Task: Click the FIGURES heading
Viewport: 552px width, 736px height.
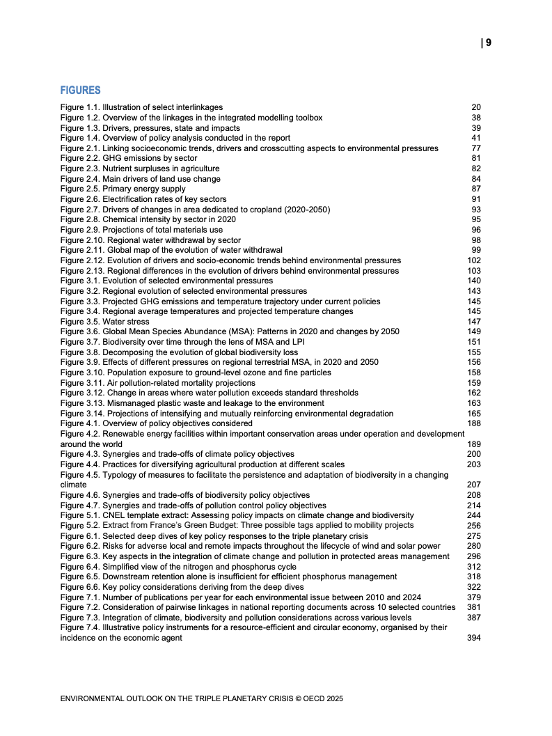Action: coord(80,91)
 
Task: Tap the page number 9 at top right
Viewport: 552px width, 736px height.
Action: coord(489,42)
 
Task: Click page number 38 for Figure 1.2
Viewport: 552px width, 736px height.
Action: coord(476,118)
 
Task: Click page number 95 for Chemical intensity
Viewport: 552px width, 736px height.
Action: coord(476,219)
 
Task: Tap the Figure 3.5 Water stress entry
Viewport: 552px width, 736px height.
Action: coord(104,322)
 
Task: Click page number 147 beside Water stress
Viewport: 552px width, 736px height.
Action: coord(474,322)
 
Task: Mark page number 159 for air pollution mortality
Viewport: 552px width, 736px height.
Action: coord(474,383)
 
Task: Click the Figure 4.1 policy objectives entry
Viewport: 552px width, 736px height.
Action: coord(156,423)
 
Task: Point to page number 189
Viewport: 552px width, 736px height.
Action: coord(474,444)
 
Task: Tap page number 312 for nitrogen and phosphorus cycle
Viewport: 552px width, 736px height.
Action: coord(474,567)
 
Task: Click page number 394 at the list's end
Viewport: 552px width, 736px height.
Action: coord(474,638)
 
